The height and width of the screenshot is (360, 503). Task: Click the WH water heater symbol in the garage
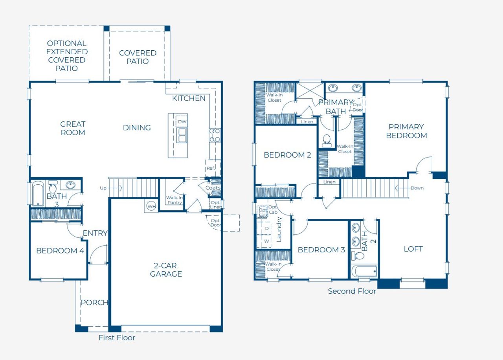point(151,206)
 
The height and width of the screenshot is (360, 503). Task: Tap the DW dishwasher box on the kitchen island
point(182,122)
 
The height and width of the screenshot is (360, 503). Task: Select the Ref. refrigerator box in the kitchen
point(211,168)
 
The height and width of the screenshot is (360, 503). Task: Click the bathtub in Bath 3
point(38,193)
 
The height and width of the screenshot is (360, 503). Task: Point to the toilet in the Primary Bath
point(327,141)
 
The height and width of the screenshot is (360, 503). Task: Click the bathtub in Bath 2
point(364,272)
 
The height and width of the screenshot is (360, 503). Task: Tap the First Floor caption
point(117,338)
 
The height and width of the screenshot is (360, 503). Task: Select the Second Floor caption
point(352,291)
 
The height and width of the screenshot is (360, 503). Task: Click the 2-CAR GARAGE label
point(166,269)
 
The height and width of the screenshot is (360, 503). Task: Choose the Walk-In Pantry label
point(174,200)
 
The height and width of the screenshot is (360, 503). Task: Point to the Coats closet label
point(213,188)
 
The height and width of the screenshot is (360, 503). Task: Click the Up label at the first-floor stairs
point(103,188)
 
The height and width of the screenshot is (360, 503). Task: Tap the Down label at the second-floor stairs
point(417,188)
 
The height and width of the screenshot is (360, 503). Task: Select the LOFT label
point(413,249)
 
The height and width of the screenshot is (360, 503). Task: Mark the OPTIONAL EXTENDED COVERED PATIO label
point(67,56)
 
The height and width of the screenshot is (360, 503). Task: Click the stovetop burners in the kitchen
point(215,135)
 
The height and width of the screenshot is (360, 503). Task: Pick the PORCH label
point(94,303)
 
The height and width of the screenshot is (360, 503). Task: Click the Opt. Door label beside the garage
point(215,222)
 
